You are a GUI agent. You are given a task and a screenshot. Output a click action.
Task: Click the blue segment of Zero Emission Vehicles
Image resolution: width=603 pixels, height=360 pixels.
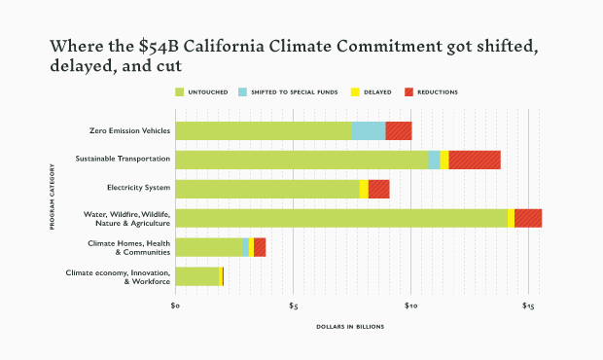coord(368,130)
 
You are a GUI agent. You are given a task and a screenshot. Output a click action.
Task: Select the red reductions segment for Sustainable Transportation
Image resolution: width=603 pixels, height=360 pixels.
coord(475,160)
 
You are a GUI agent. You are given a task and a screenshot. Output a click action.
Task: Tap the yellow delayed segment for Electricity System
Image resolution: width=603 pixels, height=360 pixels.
coord(364,189)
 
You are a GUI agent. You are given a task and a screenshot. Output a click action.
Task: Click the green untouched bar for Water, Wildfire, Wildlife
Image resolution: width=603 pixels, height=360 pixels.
coord(340,218)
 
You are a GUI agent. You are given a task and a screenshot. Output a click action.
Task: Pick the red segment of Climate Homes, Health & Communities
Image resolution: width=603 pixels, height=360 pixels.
coord(260,247)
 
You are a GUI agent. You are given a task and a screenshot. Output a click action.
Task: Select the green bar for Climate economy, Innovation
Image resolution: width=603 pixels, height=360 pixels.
coord(197,276)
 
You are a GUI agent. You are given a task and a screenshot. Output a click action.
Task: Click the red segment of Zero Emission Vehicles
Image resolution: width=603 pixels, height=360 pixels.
coord(399,130)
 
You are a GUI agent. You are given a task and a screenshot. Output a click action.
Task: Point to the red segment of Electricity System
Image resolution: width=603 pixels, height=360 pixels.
coord(378,189)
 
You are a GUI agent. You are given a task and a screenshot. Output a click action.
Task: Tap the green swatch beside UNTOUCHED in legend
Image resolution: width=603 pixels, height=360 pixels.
coord(179,92)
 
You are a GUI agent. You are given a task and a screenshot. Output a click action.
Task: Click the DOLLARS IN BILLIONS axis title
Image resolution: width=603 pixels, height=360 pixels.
coord(350,326)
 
